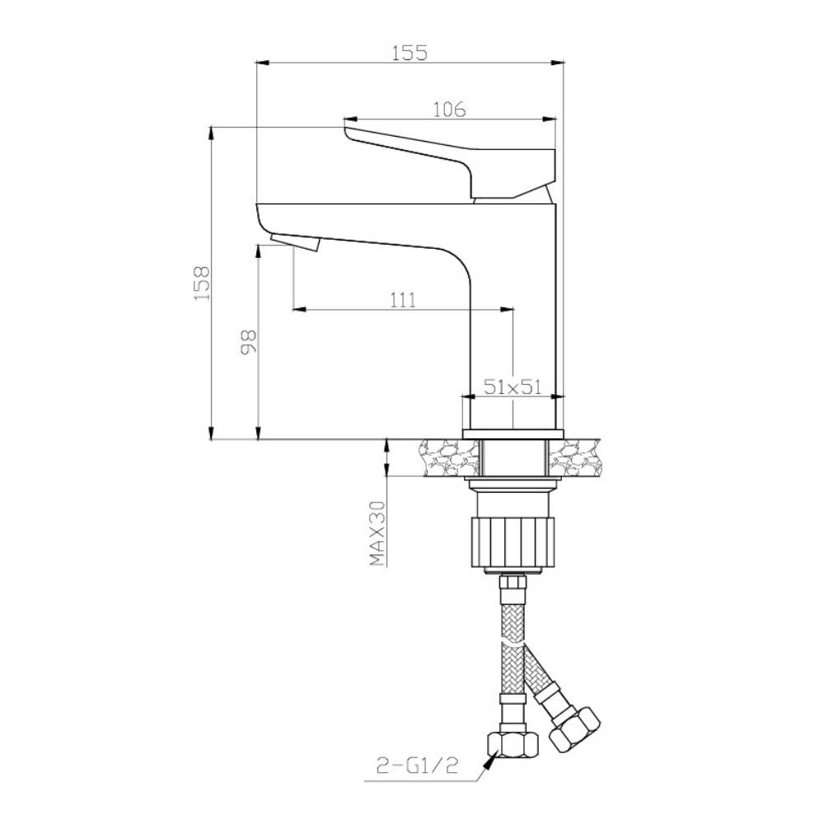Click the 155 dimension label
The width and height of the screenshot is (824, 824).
pos(410,53)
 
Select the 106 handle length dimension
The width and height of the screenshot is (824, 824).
pos(449,110)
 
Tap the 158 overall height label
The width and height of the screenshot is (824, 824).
pos(202,283)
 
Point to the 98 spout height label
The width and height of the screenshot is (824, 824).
pos(248,342)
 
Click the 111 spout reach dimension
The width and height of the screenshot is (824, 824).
pos(403,300)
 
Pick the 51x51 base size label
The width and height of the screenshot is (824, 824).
pos(513,387)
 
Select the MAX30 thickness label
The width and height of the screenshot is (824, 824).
pos(377,533)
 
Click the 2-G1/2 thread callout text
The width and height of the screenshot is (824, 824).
pos(417,765)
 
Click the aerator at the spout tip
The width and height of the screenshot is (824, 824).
pos(295,243)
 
